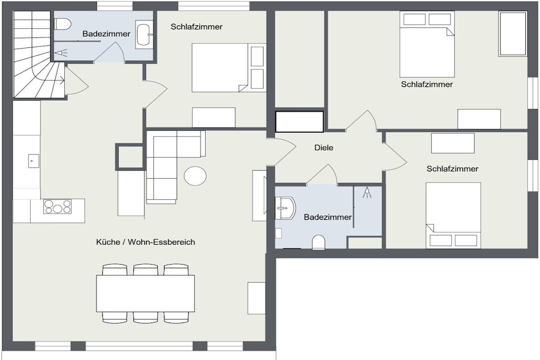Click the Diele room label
pyautogui.click(x=324, y=148)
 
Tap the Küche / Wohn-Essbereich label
pyautogui.click(x=146, y=242)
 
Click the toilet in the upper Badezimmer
pyautogui.click(x=63, y=24)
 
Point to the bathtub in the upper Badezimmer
pyautogui.click(x=144, y=34)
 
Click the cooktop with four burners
pyautogui.click(x=57, y=207)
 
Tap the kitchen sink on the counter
pyautogui.click(x=33, y=161)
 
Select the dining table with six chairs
pyautogui.click(x=146, y=293)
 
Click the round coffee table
pyautogui.click(x=195, y=176)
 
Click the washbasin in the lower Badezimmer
pyautogui.click(x=285, y=208)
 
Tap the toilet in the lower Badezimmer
pyautogui.click(x=319, y=242)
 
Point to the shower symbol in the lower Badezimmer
pyautogui.click(x=367, y=193)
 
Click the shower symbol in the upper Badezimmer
pyautogui.click(x=61, y=53)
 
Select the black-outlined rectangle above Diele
pyautogui.click(x=300, y=121)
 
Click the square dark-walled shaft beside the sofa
pyautogui.click(x=130, y=157)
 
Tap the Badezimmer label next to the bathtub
pyautogui.click(x=107, y=34)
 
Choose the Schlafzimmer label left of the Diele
pyautogui.click(x=197, y=26)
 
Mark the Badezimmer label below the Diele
pyautogui.click(x=328, y=217)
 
